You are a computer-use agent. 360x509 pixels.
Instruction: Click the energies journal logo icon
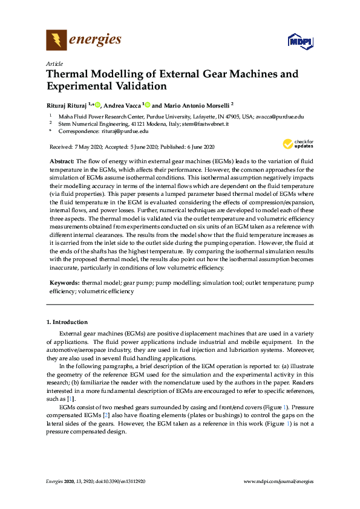tap(57, 41)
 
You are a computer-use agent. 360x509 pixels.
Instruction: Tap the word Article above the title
tap(54, 63)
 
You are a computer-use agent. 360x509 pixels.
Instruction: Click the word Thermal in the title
tap(67, 74)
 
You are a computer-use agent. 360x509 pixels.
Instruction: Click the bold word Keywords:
tap(63, 283)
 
